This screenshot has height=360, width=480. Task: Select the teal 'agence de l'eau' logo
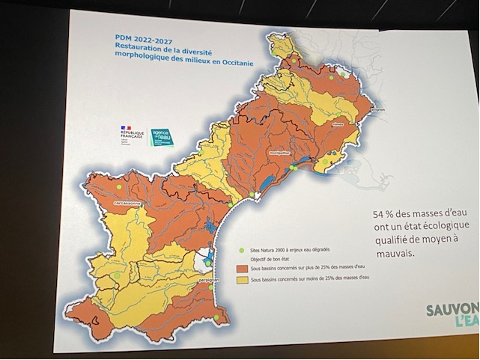tap(162, 138)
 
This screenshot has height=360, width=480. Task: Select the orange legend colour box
tap(241, 267)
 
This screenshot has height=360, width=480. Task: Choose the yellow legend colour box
tap(241, 278)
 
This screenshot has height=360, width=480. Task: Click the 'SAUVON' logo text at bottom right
tap(452, 310)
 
